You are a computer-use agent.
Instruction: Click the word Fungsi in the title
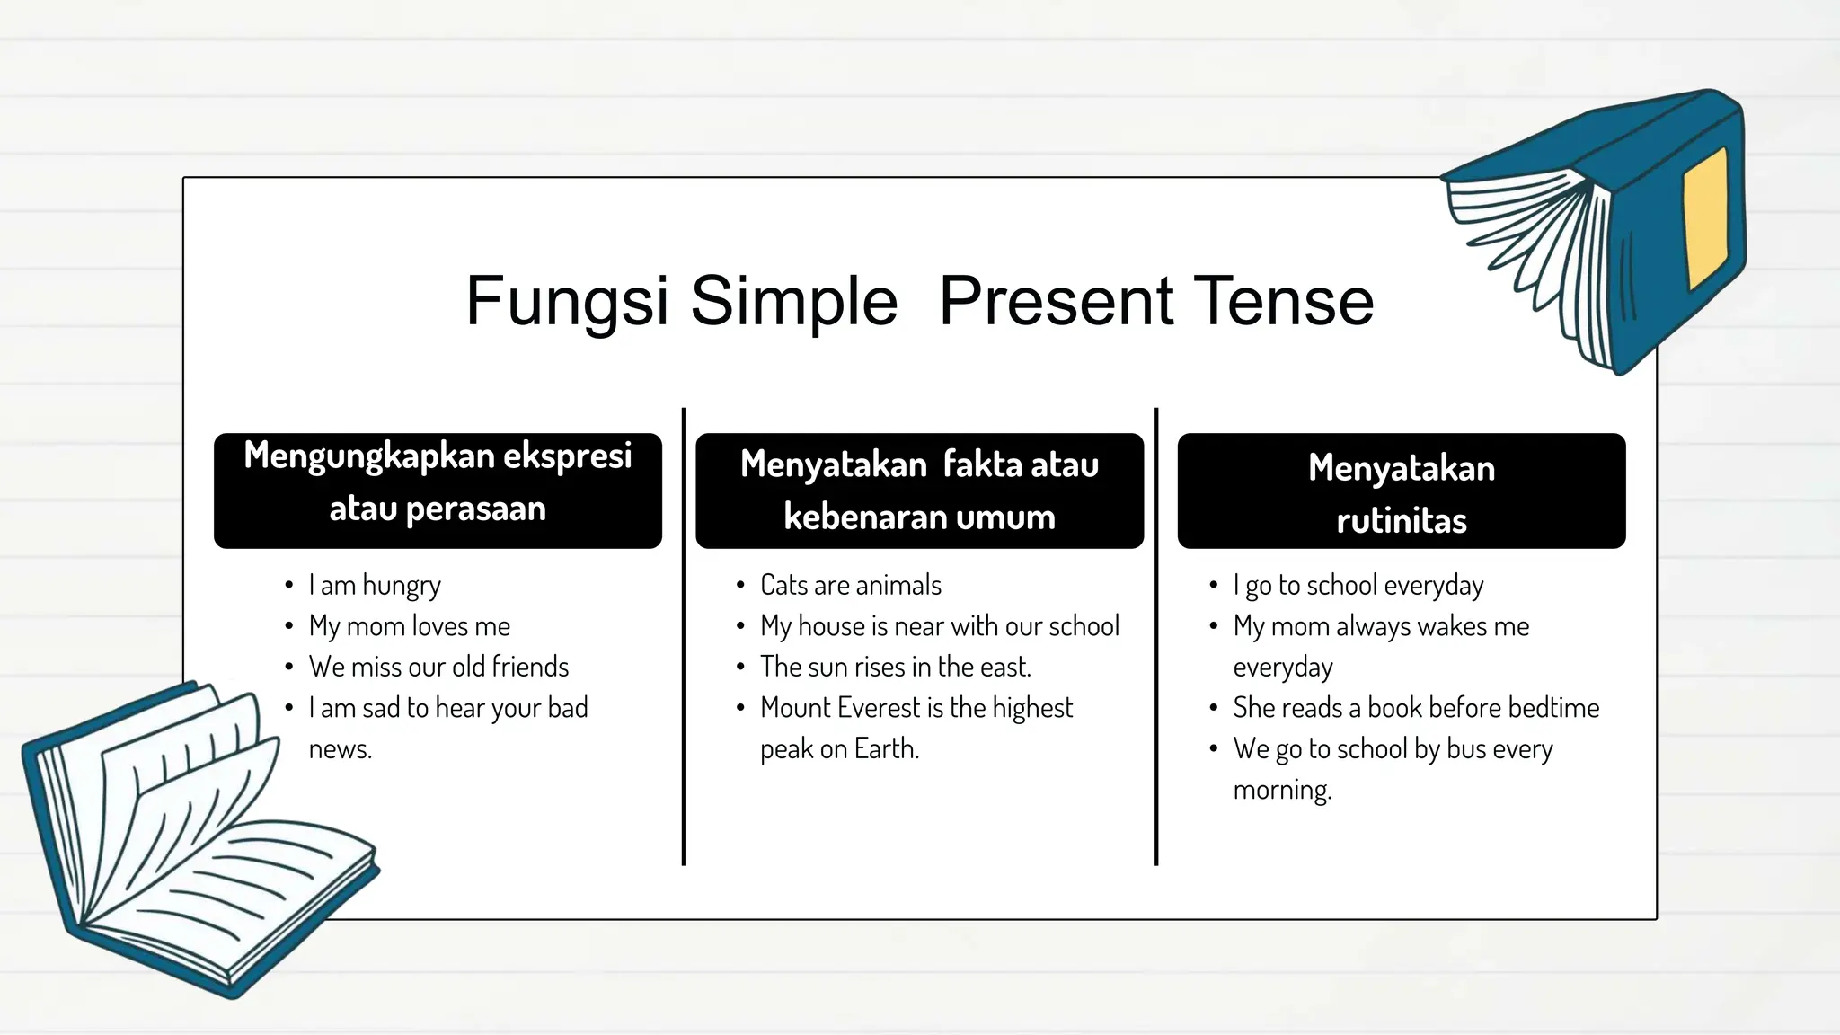pyautogui.click(x=567, y=302)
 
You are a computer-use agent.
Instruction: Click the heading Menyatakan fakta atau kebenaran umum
pyautogui.click(x=919, y=491)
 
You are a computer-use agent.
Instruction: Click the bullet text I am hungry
pyautogui.click(x=375, y=586)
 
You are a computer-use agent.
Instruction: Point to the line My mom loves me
pyautogui.click(x=409, y=626)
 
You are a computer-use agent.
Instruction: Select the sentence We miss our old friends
pyautogui.click(x=438, y=667)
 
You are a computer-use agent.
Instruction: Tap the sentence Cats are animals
pyautogui.click(x=850, y=586)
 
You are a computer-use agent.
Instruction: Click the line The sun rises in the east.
pyautogui.click(x=895, y=667)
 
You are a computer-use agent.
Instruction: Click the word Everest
pyautogui.click(x=880, y=708)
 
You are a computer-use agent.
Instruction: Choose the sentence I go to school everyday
pyautogui.click(x=1358, y=586)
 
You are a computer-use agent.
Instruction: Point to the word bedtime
pyautogui.click(x=1553, y=708)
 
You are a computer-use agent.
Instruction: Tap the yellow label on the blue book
pyautogui.click(x=1705, y=218)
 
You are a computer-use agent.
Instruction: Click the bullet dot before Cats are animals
pyautogui.click(x=740, y=586)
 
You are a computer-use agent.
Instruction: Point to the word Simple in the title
pyautogui.click(x=793, y=302)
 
